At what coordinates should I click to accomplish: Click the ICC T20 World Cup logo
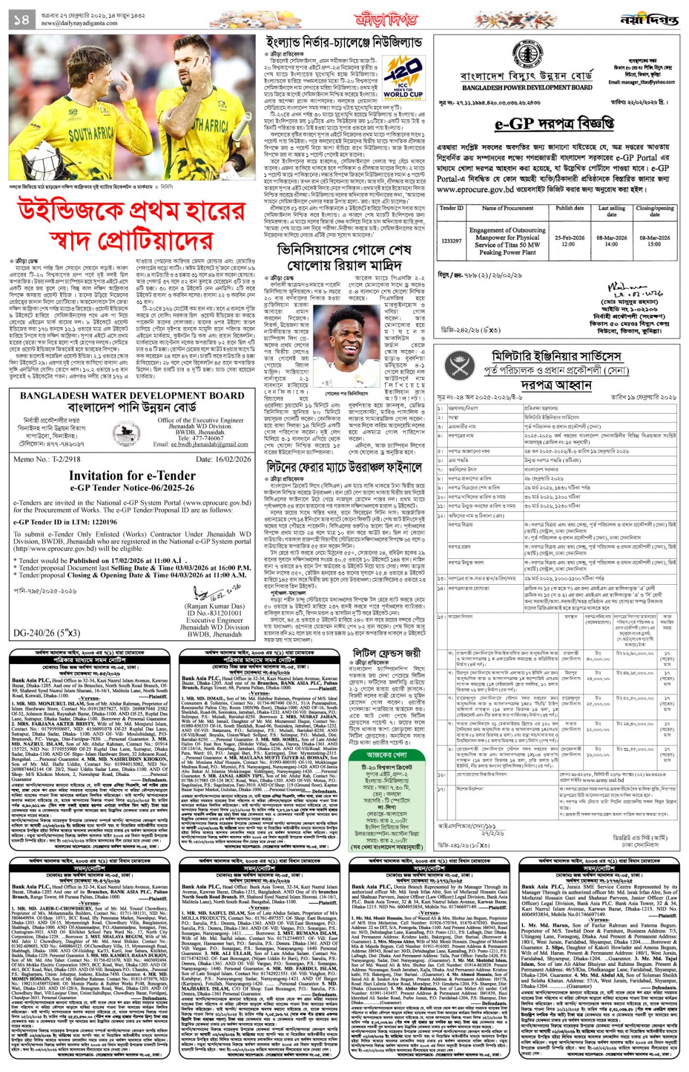[403, 79]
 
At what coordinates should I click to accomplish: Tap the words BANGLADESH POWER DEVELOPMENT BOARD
[527, 88]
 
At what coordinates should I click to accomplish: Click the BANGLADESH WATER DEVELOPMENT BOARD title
[132, 395]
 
